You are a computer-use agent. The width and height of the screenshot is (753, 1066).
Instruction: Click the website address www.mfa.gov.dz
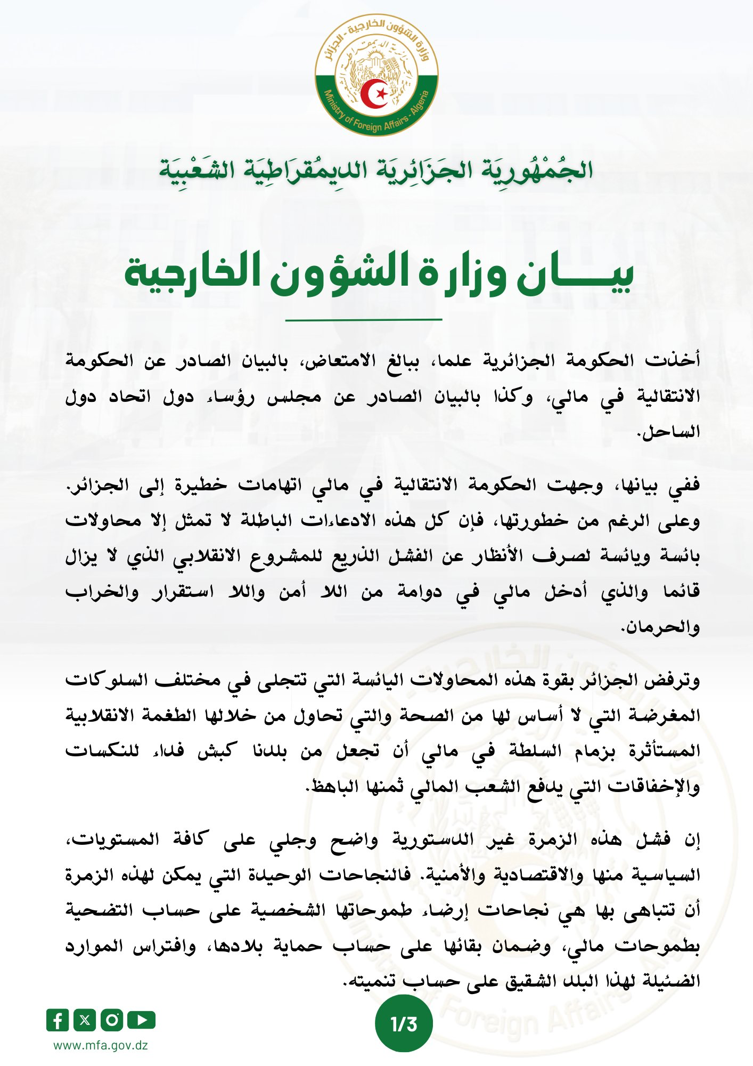coord(101,1045)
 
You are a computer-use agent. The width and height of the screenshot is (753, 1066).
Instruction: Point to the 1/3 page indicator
coord(404,1024)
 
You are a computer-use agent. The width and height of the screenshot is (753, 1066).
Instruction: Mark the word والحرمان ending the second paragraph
coord(660,627)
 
